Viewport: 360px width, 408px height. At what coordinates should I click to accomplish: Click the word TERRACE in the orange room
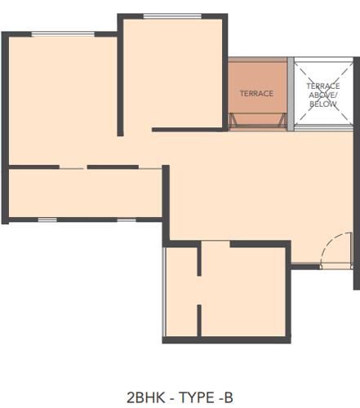(x=256, y=94)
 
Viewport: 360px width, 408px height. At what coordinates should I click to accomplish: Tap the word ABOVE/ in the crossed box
(x=322, y=95)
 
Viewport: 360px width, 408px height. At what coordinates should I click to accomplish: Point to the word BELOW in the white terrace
(x=322, y=104)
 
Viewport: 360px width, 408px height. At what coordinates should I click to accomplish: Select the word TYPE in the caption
(x=193, y=397)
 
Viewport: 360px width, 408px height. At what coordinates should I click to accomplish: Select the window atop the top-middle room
(x=173, y=16)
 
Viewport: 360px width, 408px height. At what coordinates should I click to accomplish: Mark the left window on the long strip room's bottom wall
(x=47, y=220)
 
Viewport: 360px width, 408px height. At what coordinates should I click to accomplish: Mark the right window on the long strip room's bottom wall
(x=126, y=220)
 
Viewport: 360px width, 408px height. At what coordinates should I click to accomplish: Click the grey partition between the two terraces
(x=291, y=94)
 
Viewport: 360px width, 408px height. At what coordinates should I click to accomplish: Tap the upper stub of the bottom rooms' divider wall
(x=199, y=259)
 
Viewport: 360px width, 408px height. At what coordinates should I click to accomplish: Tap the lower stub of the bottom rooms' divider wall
(x=199, y=319)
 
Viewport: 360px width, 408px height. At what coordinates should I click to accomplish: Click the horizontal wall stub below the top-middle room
(x=188, y=129)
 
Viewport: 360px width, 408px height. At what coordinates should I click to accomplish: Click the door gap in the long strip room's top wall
(x=73, y=167)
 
